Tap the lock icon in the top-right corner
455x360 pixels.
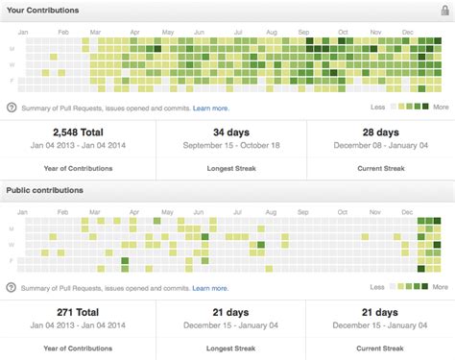coord(442,10)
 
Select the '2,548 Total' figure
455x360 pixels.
coord(78,132)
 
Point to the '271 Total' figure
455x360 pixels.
coord(78,313)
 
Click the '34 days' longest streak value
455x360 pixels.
coord(231,132)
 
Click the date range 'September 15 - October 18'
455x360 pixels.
coord(231,146)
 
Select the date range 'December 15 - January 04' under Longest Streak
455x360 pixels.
coord(231,326)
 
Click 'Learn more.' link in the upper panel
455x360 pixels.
coord(210,108)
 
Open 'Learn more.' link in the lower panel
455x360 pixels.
coord(210,287)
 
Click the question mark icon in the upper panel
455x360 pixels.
coord(12,108)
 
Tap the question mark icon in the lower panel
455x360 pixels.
coord(12,287)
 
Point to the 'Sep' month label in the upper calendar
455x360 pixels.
coord(302,32)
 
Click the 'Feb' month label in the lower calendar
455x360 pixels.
coord(64,211)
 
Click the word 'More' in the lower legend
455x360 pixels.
coord(441,286)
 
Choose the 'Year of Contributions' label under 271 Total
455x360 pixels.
coord(78,348)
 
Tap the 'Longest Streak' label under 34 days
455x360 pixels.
coord(231,168)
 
